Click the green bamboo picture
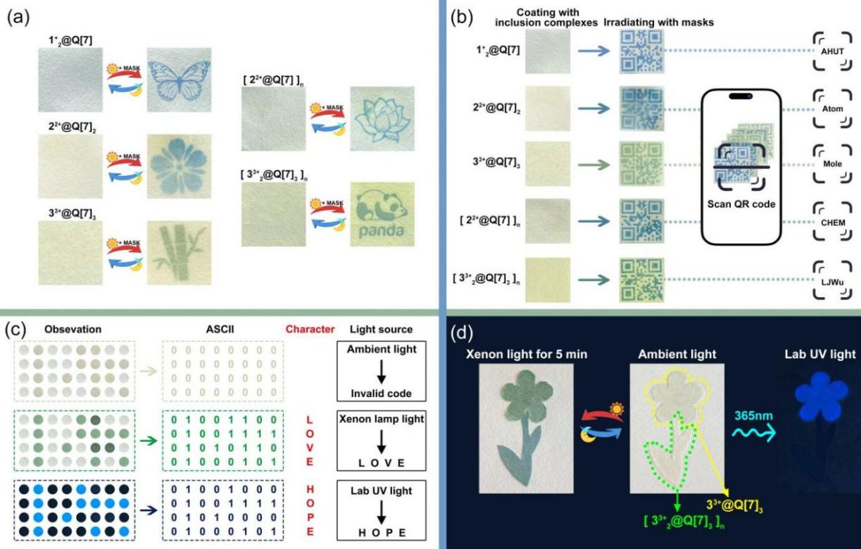click(x=179, y=251)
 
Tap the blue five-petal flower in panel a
click(x=179, y=164)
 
